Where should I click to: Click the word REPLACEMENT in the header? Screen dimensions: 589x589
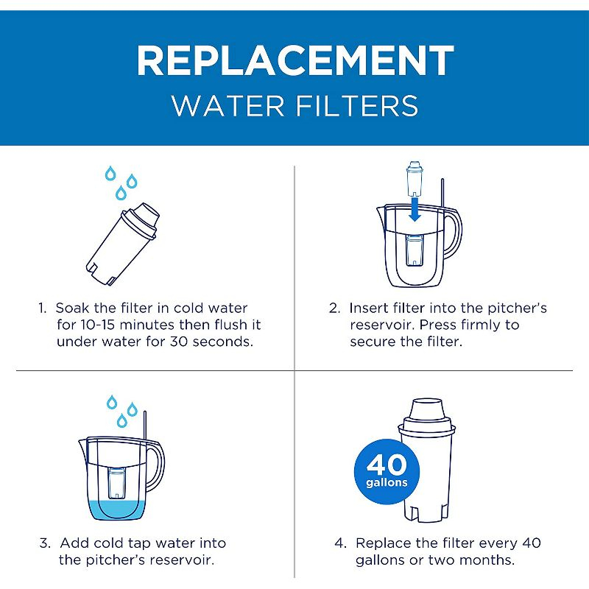click(x=294, y=60)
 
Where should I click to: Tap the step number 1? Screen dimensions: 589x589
click(x=43, y=308)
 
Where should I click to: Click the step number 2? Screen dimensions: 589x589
click(x=334, y=308)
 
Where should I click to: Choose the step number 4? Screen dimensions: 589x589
click(x=339, y=543)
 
